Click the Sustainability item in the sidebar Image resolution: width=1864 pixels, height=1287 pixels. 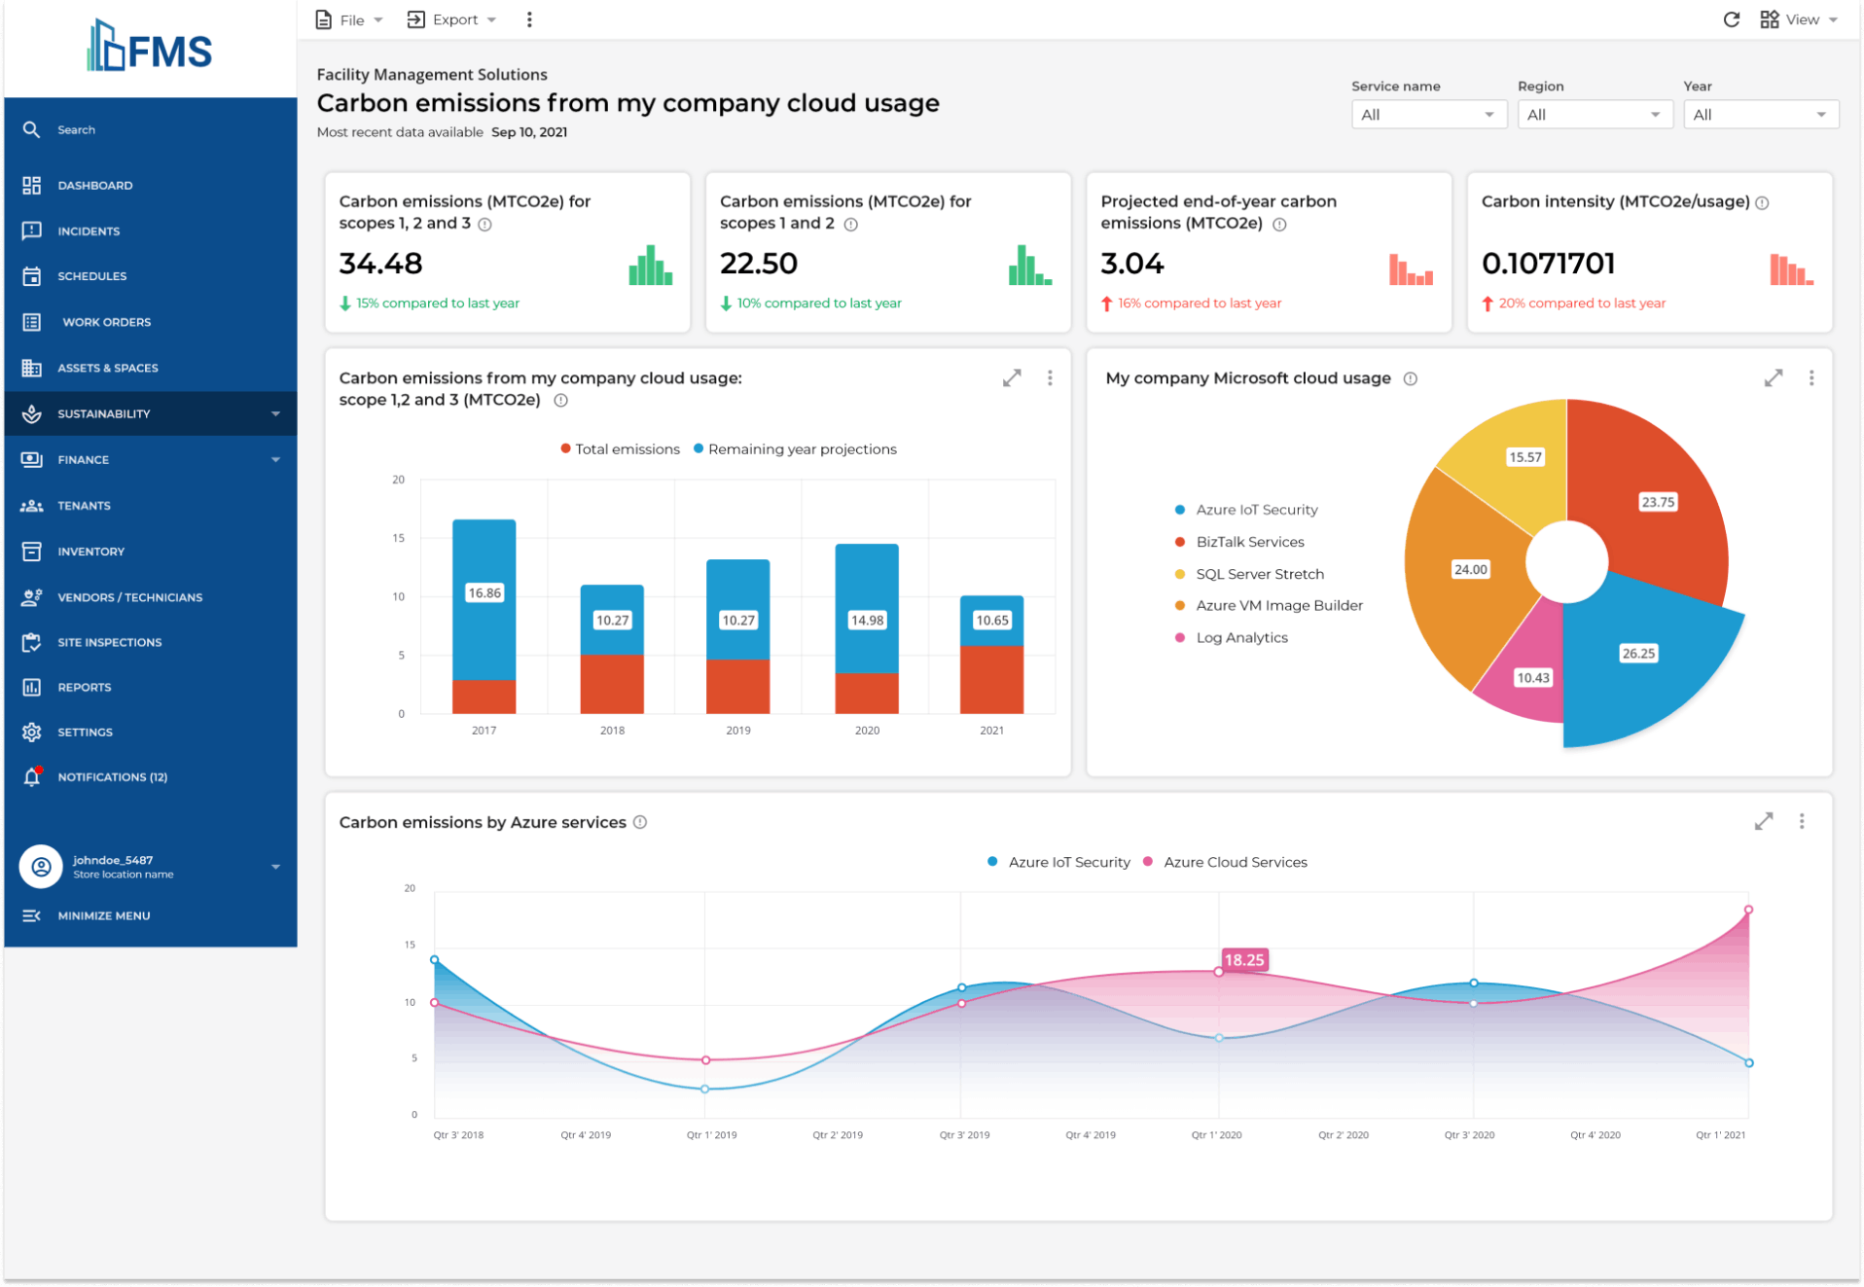click(x=103, y=413)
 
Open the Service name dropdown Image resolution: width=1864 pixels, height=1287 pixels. click(x=1427, y=115)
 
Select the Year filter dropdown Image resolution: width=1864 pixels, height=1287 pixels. click(x=1759, y=115)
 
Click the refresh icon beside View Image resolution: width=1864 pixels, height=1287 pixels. click(x=1731, y=19)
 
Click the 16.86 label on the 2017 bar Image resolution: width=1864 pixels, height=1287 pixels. click(x=484, y=592)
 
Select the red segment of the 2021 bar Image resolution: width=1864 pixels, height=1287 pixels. click(x=991, y=679)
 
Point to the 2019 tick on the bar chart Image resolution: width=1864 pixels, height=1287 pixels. click(x=737, y=730)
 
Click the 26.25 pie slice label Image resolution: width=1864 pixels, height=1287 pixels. click(x=1637, y=654)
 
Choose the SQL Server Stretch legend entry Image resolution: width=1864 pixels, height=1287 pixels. click(x=1259, y=574)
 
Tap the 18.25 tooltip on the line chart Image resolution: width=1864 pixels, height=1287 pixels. click(x=1243, y=960)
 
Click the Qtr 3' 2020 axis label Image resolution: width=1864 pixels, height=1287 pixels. click(x=1469, y=1134)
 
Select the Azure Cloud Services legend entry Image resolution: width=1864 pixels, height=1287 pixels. click(x=1234, y=862)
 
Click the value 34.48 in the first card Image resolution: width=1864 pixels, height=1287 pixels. click(x=380, y=264)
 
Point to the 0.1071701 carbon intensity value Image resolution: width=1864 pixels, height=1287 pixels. click(x=1547, y=264)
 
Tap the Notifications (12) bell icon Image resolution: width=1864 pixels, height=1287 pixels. click(x=32, y=776)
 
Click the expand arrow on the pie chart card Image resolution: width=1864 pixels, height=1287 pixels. click(x=1773, y=377)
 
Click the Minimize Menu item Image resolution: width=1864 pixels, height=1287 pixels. click(x=103, y=915)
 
